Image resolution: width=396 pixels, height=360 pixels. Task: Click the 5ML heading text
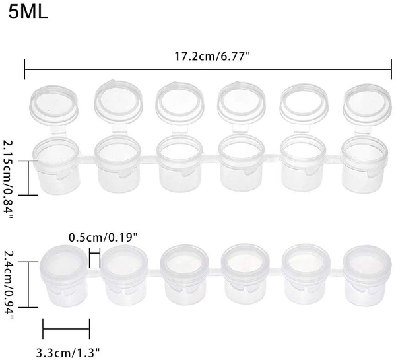coord(28,12)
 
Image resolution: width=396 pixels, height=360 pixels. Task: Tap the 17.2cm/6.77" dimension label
coord(212,56)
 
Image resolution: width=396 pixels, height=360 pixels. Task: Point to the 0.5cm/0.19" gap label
coord(104,238)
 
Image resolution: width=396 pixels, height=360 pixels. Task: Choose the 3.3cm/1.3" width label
coord(68,353)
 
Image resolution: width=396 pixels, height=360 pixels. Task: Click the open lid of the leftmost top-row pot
coord(54,102)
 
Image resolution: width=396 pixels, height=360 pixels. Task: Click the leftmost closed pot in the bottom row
coord(65,275)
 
